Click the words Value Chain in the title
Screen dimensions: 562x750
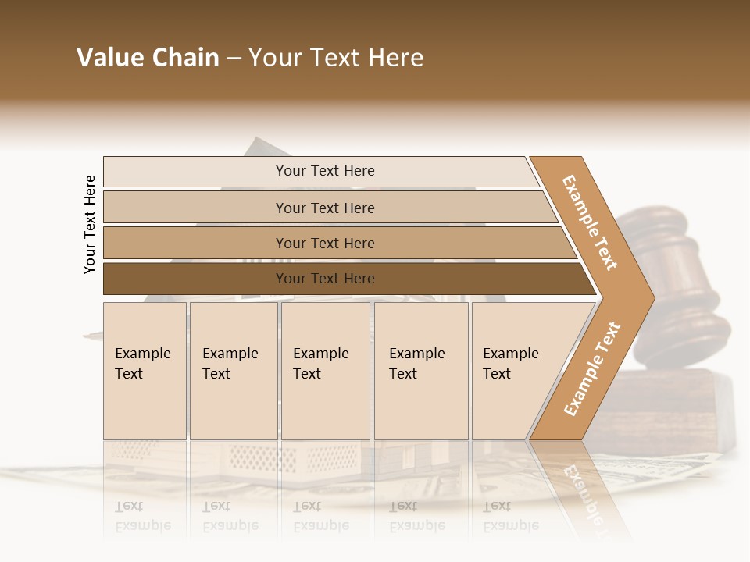pyautogui.click(x=148, y=58)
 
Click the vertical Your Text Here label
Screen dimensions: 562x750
pyautogui.click(x=90, y=224)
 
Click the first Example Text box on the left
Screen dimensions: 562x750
pyautogui.click(x=145, y=371)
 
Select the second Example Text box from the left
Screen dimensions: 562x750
pyautogui.click(x=234, y=371)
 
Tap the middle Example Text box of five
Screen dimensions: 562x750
pyautogui.click(x=325, y=371)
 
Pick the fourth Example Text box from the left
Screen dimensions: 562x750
pyautogui.click(x=421, y=371)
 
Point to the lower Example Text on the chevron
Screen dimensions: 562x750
pyautogui.click(x=592, y=368)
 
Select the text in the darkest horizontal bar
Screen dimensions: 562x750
pyautogui.click(x=325, y=279)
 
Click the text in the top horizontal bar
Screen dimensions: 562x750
pyautogui.click(x=325, y=171)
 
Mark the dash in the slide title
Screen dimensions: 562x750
pyautogui.click(x=234, y=59)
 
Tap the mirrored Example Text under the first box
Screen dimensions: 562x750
pyautogui.click(x=143, y=516)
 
